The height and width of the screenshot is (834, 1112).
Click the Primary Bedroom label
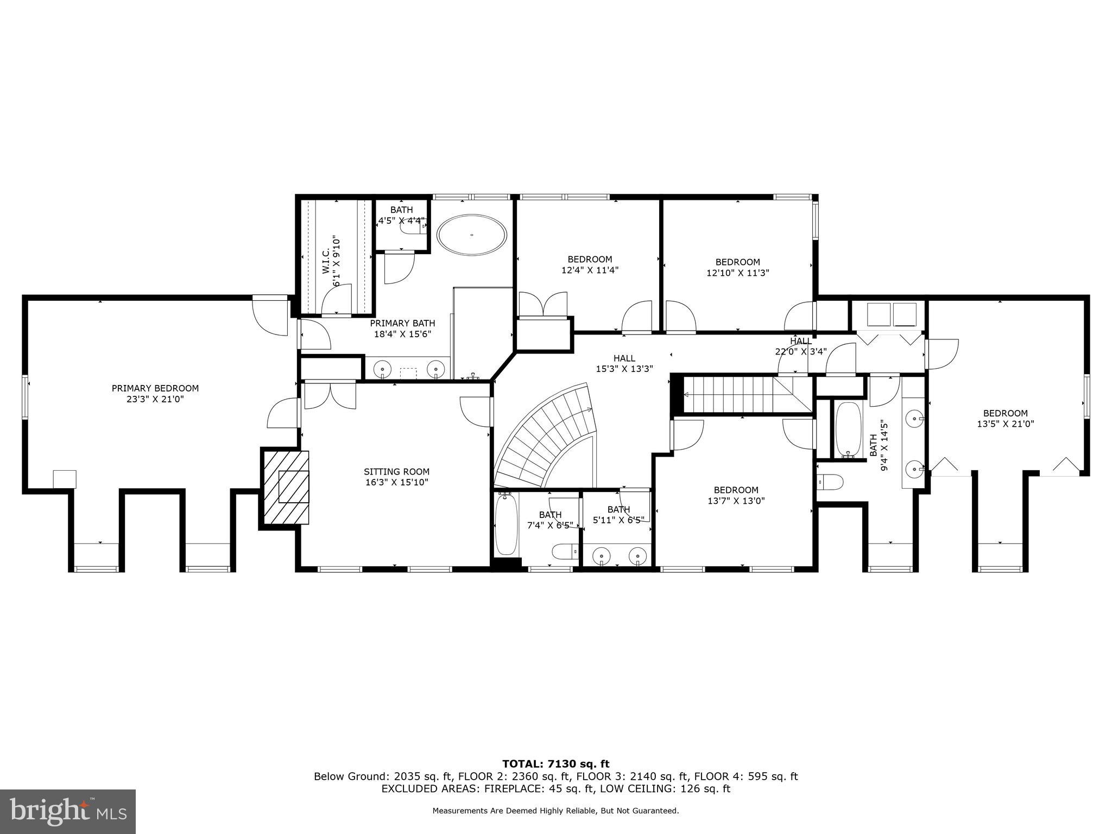click(x=155, y=388)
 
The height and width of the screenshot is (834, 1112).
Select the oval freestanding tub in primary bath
click(x=472, y=235)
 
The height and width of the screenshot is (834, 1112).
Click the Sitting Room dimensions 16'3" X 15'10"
click(x=396, y=482)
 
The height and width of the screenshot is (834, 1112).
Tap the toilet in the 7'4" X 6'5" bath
click(x=564, y=552)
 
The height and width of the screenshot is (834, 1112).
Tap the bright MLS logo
click(x=68, y=811)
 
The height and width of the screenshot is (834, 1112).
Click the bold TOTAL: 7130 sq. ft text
click(x=555, y=764)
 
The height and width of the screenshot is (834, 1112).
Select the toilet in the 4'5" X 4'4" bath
click(x=413, y=229)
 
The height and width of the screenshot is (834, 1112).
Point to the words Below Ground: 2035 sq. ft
click(x=382, y=776)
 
